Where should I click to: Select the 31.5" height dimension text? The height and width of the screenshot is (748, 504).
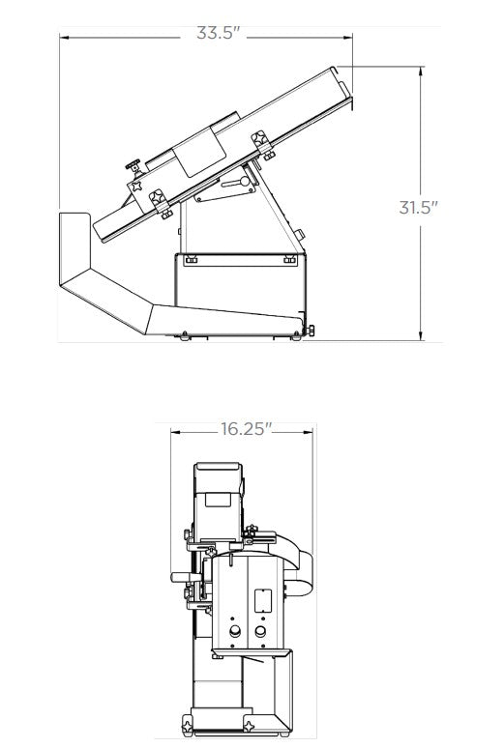tap(419, 207)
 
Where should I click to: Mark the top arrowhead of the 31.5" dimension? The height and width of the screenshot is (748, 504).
tap(422, 71)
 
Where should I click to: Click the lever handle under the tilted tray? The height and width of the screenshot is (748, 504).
tap(235, 184)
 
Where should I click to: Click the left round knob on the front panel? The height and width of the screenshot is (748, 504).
tap(233, 634)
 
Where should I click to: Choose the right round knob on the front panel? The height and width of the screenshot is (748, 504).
tap(259, 634)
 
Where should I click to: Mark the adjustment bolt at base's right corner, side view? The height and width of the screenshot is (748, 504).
tap(309, 331)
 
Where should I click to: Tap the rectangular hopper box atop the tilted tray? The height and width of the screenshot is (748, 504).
tap(203, 147)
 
